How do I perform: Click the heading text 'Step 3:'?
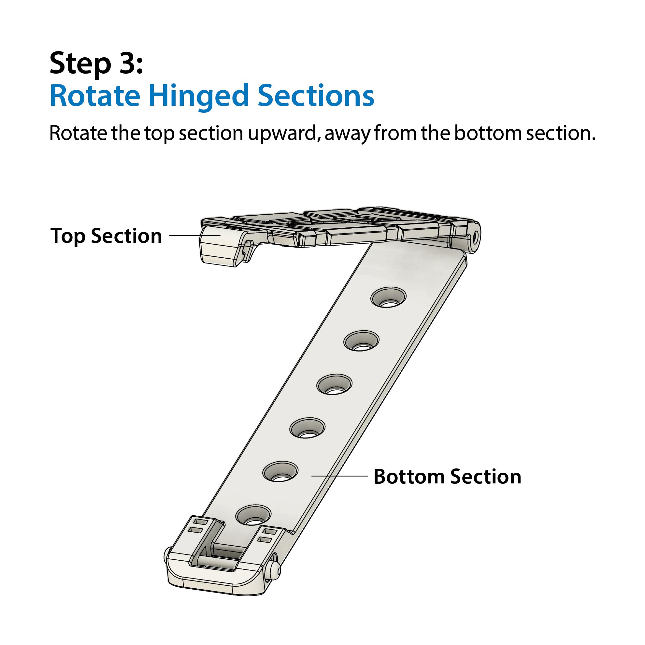(96, 63)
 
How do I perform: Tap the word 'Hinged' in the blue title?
(199, 97)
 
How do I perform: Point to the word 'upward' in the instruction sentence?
(282, 134)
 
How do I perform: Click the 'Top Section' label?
(106, 236)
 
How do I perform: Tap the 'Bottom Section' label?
(447, 476)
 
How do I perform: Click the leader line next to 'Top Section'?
(194, 236)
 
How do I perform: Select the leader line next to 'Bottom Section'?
(339, 476)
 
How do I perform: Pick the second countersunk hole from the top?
(361, 340)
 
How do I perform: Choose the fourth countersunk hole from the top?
(307, 427)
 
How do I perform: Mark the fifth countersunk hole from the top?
(280, 471)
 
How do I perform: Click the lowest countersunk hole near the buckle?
(253, 515)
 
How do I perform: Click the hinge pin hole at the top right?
(475, 237)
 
